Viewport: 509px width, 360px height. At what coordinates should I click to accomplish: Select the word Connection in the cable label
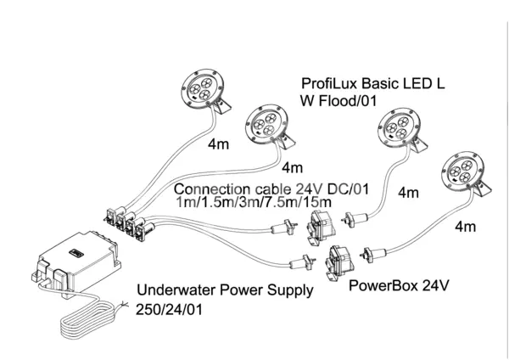(x=212, y=189)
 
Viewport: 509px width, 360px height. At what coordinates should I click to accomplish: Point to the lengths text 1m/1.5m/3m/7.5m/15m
(x=254, y=202)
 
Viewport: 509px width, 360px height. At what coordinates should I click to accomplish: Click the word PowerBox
(x=383, y=285)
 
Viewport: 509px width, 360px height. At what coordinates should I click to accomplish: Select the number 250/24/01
(x=169, y=310)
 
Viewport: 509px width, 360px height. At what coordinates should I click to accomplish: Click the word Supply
(x=290, y=290)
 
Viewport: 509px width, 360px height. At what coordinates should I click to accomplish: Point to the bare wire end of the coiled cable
(x=125, y=305)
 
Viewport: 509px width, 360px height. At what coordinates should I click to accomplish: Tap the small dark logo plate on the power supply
(x=76, y=253)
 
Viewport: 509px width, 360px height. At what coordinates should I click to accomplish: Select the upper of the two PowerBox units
(x=321, y=228)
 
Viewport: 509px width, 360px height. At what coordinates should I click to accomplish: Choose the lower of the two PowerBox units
(x=338, y=262)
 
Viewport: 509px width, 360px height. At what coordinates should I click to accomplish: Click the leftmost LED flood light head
(x=202, y=87)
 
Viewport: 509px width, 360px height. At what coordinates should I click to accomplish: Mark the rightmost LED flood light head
(x=463, y=171)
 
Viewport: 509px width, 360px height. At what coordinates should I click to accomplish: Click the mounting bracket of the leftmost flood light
(x=221, y=105)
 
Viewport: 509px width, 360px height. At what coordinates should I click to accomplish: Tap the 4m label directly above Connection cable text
(x=292, y=168)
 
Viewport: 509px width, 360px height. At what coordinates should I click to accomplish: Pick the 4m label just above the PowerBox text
(x=466, y=227)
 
